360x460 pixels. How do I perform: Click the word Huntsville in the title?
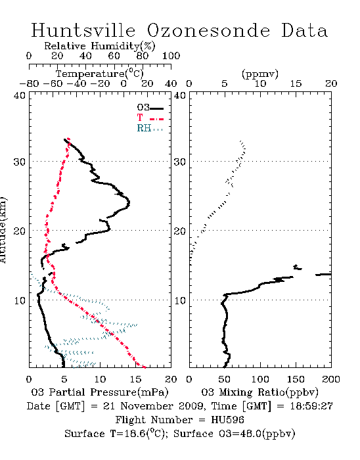83,30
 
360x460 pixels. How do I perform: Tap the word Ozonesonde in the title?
208,30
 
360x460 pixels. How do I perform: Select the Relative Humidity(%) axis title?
100,46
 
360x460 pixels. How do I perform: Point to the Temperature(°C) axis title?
100,74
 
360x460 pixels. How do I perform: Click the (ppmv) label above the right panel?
259,74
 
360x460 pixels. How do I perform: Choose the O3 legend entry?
150,108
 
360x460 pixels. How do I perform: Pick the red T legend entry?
150,118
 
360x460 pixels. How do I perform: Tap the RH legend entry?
150,128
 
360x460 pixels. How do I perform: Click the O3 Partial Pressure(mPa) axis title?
100,392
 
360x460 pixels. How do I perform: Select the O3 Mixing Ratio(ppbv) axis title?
259,392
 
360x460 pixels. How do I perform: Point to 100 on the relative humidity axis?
171,56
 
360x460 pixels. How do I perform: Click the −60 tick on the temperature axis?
53,83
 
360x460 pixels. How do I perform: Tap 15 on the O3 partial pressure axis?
135,379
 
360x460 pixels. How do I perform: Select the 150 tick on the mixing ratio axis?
296,379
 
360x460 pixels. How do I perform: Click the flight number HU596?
227,420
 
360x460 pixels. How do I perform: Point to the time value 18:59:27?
311,406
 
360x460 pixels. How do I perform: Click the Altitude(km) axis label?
3,230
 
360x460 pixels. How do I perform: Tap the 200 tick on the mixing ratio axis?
331,379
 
